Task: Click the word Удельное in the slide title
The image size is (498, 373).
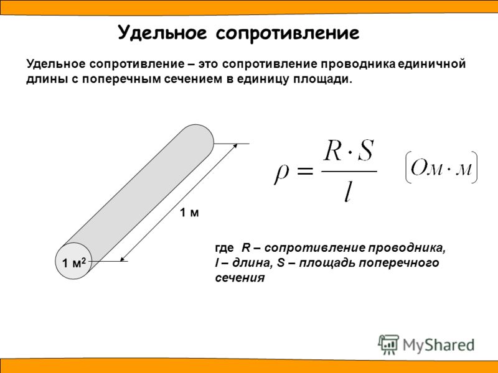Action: coord(162,33)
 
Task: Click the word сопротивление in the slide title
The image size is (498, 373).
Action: coord(288,34)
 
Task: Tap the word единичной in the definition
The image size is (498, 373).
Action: coord(431,64)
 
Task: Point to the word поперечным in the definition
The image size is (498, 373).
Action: coord(121,79)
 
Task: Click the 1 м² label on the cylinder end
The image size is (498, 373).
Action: coord(74,262)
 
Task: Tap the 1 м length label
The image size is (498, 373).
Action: coord(189,213)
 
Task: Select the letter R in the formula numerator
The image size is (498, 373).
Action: coord(333,151)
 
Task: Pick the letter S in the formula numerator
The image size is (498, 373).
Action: coord(365,150)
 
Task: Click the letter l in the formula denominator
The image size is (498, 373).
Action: coord(348,192)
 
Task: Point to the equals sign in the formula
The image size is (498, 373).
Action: coord(304,172)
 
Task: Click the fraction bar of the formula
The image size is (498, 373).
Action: coord(349,172)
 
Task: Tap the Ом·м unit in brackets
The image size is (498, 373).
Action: coord(441,167)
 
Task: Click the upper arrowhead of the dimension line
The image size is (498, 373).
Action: coord(236,145)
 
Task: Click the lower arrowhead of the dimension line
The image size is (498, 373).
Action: coord(122,259)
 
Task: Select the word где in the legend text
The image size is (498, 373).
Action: coord(224,248)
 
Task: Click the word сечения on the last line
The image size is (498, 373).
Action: coord(240,278)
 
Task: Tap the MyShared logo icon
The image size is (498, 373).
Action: coord(388,344)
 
